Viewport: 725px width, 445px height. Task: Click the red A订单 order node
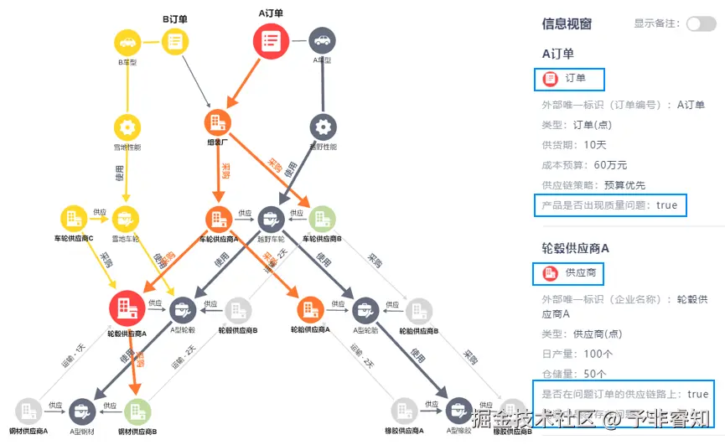point(271,41)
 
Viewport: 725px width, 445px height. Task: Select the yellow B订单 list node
point(175,40)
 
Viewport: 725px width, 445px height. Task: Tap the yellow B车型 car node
point(127,40)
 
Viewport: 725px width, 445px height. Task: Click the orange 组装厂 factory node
point(217,122)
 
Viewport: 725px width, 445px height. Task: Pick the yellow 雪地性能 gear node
point(127,127)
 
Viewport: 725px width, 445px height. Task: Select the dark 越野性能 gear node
point(323,127)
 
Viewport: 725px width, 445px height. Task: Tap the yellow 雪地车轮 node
point(127,219)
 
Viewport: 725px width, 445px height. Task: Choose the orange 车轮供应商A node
point(218,219)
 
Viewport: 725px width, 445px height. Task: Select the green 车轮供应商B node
point(323,219)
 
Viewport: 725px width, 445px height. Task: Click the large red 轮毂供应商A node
point(127,308)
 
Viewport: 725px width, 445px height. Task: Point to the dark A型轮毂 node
point(183,310)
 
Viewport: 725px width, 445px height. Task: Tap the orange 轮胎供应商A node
point(310,310)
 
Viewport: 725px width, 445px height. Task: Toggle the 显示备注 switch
point(701,23)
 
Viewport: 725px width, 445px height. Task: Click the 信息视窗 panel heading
point(567,23)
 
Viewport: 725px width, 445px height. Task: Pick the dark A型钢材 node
point(82,411)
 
